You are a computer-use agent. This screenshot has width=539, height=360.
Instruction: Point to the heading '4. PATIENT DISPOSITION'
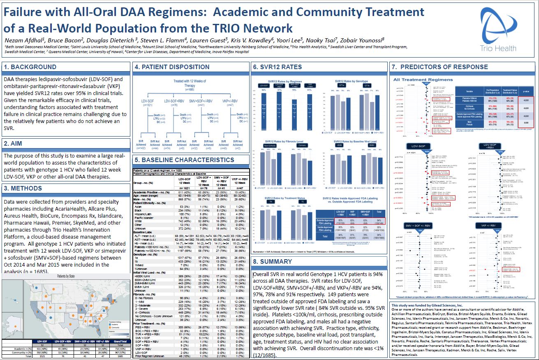coord(172,67)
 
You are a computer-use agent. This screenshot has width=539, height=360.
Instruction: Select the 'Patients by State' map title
coord(67,276)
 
